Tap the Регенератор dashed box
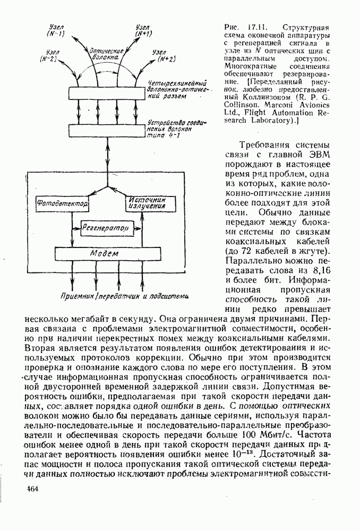106,228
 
